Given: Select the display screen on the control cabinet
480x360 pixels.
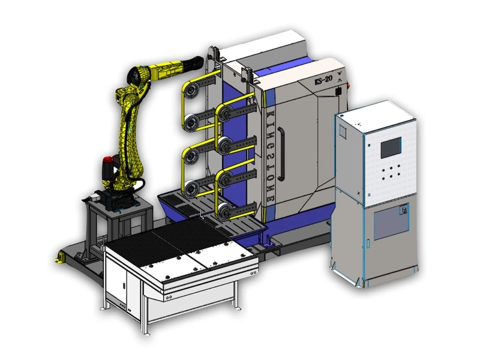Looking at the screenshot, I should tap(390, 148).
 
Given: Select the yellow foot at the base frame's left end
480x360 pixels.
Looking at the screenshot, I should tap(59, 256).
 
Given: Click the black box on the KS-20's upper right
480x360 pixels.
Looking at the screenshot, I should tap(340, 91).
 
